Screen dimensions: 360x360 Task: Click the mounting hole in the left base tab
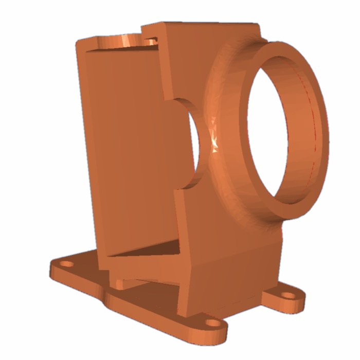tap(66, 265)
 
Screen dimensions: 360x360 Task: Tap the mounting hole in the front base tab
tap(211, 323)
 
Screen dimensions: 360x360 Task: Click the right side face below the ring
tap(247, 267)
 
